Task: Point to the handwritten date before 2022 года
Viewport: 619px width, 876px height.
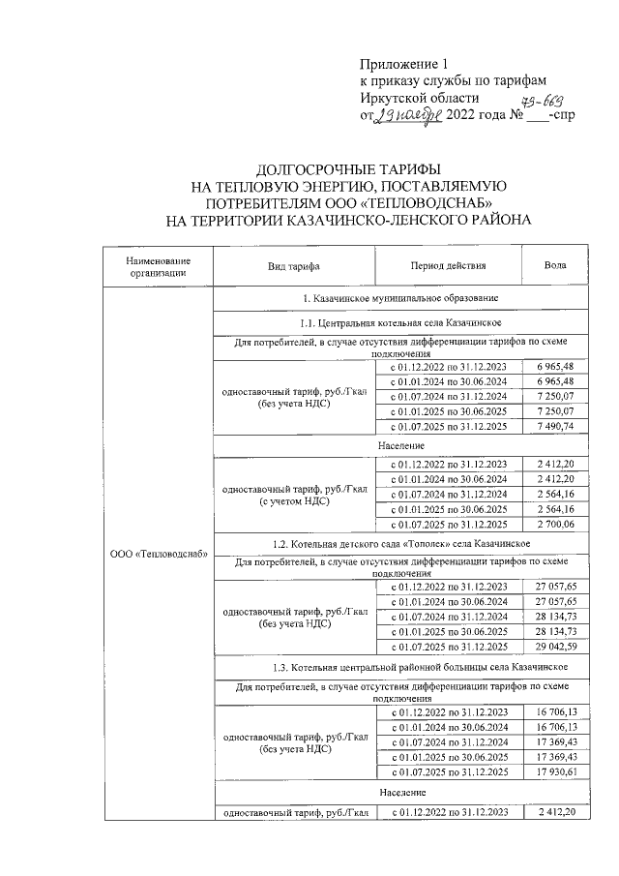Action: (x=408, y=117)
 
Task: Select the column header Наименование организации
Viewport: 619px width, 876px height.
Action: (x=158, y=266)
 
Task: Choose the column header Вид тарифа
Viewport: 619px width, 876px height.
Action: (x=294, y=266)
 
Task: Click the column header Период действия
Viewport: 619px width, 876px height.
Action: (x=448, y=266)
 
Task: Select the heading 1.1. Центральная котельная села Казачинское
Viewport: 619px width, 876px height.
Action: (x=399, y=321)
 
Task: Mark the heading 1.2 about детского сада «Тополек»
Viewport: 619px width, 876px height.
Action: (x=399, y=546)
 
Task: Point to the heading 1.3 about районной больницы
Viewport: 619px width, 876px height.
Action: (x=399, y=668)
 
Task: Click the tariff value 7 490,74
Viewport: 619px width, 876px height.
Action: (x=555, y=427)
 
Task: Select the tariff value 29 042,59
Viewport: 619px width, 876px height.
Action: (x=555, y=646)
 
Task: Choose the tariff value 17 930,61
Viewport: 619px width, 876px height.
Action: (x=555, y=771)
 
